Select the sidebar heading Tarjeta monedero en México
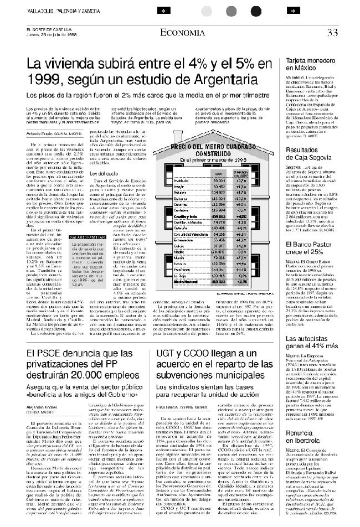[x=313, y=63]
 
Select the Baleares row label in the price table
[x=181, y=198]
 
